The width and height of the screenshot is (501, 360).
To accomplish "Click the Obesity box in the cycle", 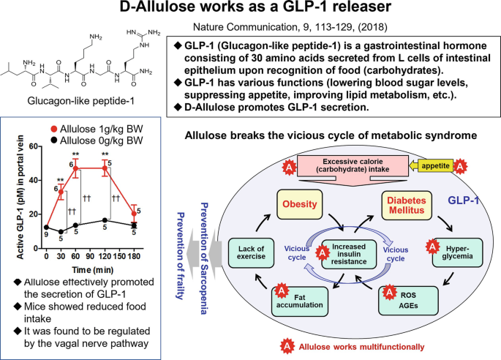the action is point(299,204).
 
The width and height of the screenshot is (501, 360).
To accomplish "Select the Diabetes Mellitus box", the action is point(407,206).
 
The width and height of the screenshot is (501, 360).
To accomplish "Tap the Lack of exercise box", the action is point(251,253).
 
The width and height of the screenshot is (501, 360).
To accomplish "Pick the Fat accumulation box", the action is point(300,301).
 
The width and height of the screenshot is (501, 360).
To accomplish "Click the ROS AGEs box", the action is point(408,301).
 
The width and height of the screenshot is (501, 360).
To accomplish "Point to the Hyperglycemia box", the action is point(457,252).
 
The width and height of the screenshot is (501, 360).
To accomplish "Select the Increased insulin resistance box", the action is point(349,254).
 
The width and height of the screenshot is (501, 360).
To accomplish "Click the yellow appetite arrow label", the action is point(432,165).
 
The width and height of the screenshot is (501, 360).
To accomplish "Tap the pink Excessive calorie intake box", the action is point(353,165).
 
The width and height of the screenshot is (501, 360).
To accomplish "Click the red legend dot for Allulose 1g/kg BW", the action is point(54,129).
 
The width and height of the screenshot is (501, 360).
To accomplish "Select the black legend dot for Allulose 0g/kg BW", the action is point(54,140).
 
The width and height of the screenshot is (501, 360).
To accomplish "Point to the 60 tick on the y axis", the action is point(33,146).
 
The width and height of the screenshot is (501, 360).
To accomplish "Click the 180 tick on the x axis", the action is point(134,256).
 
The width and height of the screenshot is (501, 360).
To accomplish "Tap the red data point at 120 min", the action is point(105,168).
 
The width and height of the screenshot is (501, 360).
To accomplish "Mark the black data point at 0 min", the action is point(46,228).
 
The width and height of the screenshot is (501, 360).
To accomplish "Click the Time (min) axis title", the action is point(93,270).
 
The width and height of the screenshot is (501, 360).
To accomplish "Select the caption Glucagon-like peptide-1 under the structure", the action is point(81,101).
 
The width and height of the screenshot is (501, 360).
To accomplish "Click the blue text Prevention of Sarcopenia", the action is point(204,258).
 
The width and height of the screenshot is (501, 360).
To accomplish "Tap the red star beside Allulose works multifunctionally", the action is point(287,346).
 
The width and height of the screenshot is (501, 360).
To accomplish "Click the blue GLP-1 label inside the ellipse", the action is point(463,200).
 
